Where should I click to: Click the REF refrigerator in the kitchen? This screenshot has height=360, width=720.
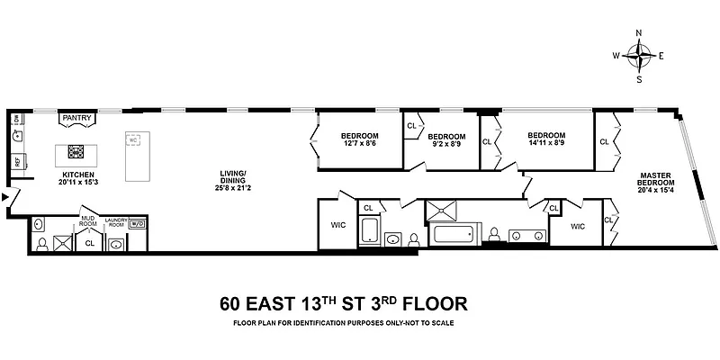17,163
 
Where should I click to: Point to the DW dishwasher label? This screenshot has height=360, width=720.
16,118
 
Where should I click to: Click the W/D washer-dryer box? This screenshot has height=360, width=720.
136,224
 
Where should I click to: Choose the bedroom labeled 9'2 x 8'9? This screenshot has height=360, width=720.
445,139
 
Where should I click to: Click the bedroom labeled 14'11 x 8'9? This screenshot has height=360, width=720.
546,139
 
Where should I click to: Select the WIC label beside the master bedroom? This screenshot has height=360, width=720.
578,226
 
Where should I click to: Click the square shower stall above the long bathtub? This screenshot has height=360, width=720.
443,211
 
